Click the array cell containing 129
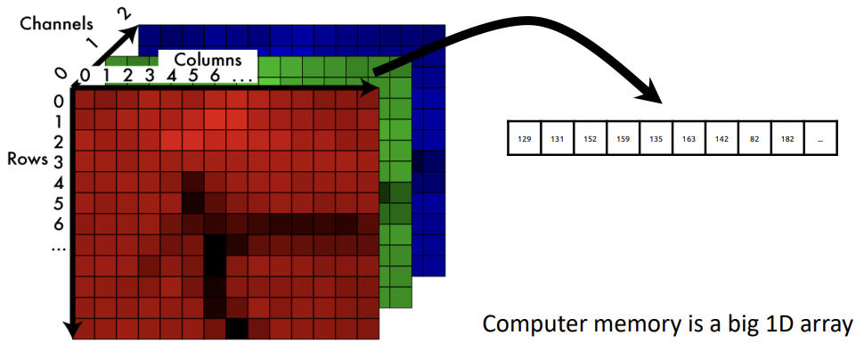[x=524, y=138]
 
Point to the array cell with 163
[x=688, y=138]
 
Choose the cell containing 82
[x=754, y=138]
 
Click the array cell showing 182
[x=787, y=138]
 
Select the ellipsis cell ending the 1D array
[x=819, y=138]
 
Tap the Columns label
[x=208, y=60]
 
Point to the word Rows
[x=25, y=160]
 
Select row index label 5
[x=58, y=200]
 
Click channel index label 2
[x=125, y=12]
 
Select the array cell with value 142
[x=721, y=138]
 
